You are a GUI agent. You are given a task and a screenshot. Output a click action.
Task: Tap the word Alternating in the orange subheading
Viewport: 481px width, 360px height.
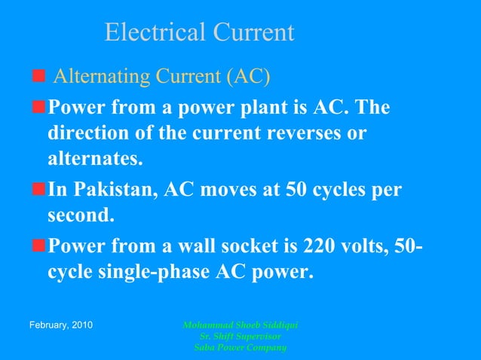(x=103, y=77)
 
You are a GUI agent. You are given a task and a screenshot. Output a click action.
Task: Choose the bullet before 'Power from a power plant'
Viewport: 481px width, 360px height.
(x=38, y=108)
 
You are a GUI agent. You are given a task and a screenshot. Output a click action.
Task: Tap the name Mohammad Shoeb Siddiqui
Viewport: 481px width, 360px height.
(x=241, y=325)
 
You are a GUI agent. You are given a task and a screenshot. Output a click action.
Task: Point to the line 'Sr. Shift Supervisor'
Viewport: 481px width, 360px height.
(x=241, y=336)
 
